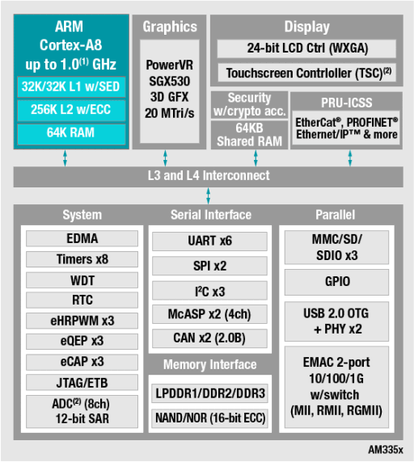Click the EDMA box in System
82,238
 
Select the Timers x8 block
82,259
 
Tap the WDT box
82,280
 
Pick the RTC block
82,300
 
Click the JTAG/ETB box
82,383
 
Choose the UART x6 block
209,241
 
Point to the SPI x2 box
209,266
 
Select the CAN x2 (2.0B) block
209,338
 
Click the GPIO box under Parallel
336,282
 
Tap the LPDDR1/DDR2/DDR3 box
209,393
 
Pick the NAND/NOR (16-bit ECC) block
209,418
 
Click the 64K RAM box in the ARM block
71,134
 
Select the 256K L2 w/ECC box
71,110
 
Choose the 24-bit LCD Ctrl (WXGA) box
306,48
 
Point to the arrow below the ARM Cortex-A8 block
65,158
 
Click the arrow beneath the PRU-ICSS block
350,158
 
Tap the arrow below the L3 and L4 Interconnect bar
208,196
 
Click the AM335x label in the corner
386,450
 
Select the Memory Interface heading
209,364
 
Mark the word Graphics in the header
170,27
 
